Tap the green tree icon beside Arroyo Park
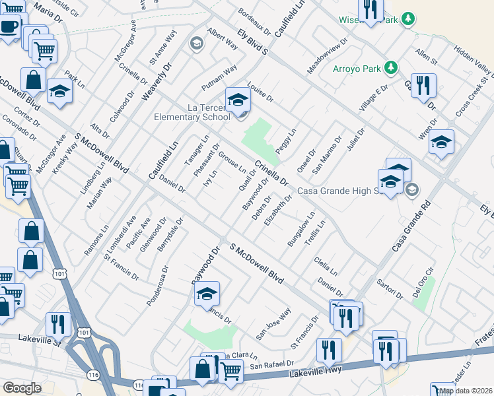click(x=392, y=67)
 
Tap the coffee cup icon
click(x=9, y=27)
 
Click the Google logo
click(x=22, y=387)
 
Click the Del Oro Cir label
click(x=423, y=281)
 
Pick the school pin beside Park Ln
click(x=59, y=93)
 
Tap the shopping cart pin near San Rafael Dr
click(x=230, y=370)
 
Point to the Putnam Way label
click(x=219, y=79)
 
